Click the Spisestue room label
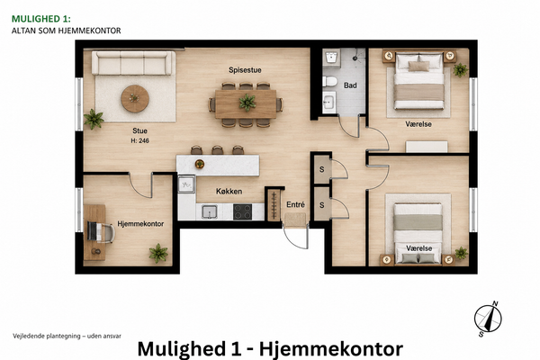point(245,70)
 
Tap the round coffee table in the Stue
point(135,99)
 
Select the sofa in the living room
point(131,63)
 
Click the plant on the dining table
point(247,103)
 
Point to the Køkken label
point(229,191)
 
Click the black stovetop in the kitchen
point(242,211)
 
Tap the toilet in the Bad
point(329,82)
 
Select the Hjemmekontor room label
point(140,224)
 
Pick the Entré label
point(295,204)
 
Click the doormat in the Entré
point(295,220)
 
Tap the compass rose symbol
point(488,319)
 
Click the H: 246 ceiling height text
point(139,141)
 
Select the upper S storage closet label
point(321,169)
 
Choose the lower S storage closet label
point(321,205)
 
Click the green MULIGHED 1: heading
point(41,19)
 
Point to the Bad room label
point(350,85)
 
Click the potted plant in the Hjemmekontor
point(158,253)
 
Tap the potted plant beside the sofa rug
point(94,119)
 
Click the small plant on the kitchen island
point(200,164)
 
